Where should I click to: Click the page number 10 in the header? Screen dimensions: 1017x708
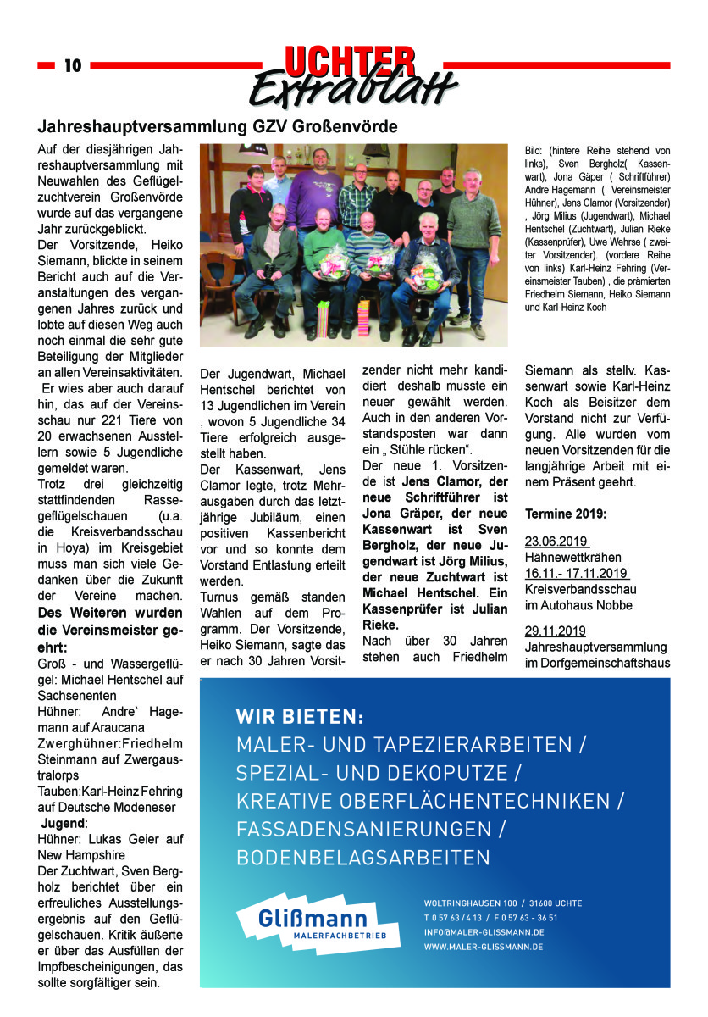[73, 65]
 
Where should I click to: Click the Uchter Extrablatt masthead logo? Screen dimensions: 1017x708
[352, 76]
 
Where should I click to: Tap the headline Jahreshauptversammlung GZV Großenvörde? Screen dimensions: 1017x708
[218, 127]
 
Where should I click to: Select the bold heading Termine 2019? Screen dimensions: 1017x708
[566, 514]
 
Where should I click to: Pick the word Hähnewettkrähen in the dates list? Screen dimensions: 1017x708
[573, 558]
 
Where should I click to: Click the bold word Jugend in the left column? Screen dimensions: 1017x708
[64, 823]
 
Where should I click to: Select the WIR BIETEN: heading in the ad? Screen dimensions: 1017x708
[300, 717]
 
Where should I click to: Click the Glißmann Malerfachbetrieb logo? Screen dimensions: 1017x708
[318, 924]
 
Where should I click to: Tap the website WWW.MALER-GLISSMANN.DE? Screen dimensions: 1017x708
[484, 947]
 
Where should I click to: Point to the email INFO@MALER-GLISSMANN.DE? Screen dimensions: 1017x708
[484, 932]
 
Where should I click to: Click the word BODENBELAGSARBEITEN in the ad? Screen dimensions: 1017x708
[363, 857]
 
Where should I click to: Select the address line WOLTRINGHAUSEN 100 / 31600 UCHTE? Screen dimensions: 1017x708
[503, 903]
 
